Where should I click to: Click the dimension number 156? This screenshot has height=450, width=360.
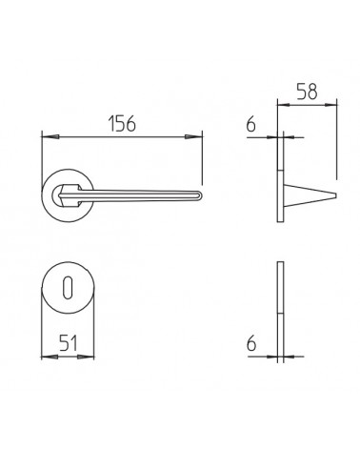click(122, 124)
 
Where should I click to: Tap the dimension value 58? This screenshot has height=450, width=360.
click(307, 92)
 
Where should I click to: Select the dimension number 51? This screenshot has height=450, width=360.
click(69, 343)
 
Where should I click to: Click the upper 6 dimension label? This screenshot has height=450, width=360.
click(250, 124)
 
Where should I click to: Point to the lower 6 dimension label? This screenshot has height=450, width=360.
click(251, 343)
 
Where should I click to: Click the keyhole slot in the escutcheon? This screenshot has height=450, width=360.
click(67, 288)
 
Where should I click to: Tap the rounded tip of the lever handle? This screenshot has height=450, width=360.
click(200, 195)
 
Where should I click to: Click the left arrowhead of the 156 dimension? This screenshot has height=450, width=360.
click(50, 136)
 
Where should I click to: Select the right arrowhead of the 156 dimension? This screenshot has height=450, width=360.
click(193, 136)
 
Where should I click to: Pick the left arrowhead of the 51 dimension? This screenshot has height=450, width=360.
click(50, 357)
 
